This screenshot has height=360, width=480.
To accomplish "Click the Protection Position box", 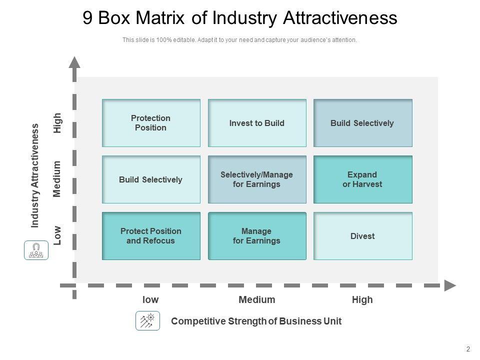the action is [151, 123].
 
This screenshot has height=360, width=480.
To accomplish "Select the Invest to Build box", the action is [257, 123].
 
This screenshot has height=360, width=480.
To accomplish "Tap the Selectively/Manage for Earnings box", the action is [257, 179].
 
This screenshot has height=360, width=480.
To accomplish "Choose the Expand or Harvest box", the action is [362, 179].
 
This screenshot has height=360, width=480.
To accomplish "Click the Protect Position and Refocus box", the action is [151, 236].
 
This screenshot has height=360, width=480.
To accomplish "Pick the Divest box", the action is [362, 236].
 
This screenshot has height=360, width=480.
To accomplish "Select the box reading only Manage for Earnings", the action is [257, 236].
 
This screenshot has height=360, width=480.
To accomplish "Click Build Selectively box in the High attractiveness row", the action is [362, 123].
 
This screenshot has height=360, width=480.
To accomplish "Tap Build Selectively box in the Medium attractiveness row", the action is [151, 179].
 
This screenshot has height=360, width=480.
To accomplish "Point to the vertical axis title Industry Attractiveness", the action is [35, 175].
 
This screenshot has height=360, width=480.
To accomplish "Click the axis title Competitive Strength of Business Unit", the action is [256, 321].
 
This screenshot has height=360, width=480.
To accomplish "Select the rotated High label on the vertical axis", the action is [58, 123].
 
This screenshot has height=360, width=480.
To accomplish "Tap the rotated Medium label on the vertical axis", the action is [58, 179].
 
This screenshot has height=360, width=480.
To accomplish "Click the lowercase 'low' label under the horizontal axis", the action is [150, 300].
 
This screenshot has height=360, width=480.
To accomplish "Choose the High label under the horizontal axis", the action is [362, 300].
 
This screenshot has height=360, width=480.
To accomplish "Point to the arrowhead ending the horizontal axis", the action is [450, 285].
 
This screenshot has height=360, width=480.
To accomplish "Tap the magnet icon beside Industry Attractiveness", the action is [36, 250].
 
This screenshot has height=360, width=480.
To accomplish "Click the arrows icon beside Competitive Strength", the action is [147, 321].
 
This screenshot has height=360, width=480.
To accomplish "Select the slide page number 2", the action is [468, 349].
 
